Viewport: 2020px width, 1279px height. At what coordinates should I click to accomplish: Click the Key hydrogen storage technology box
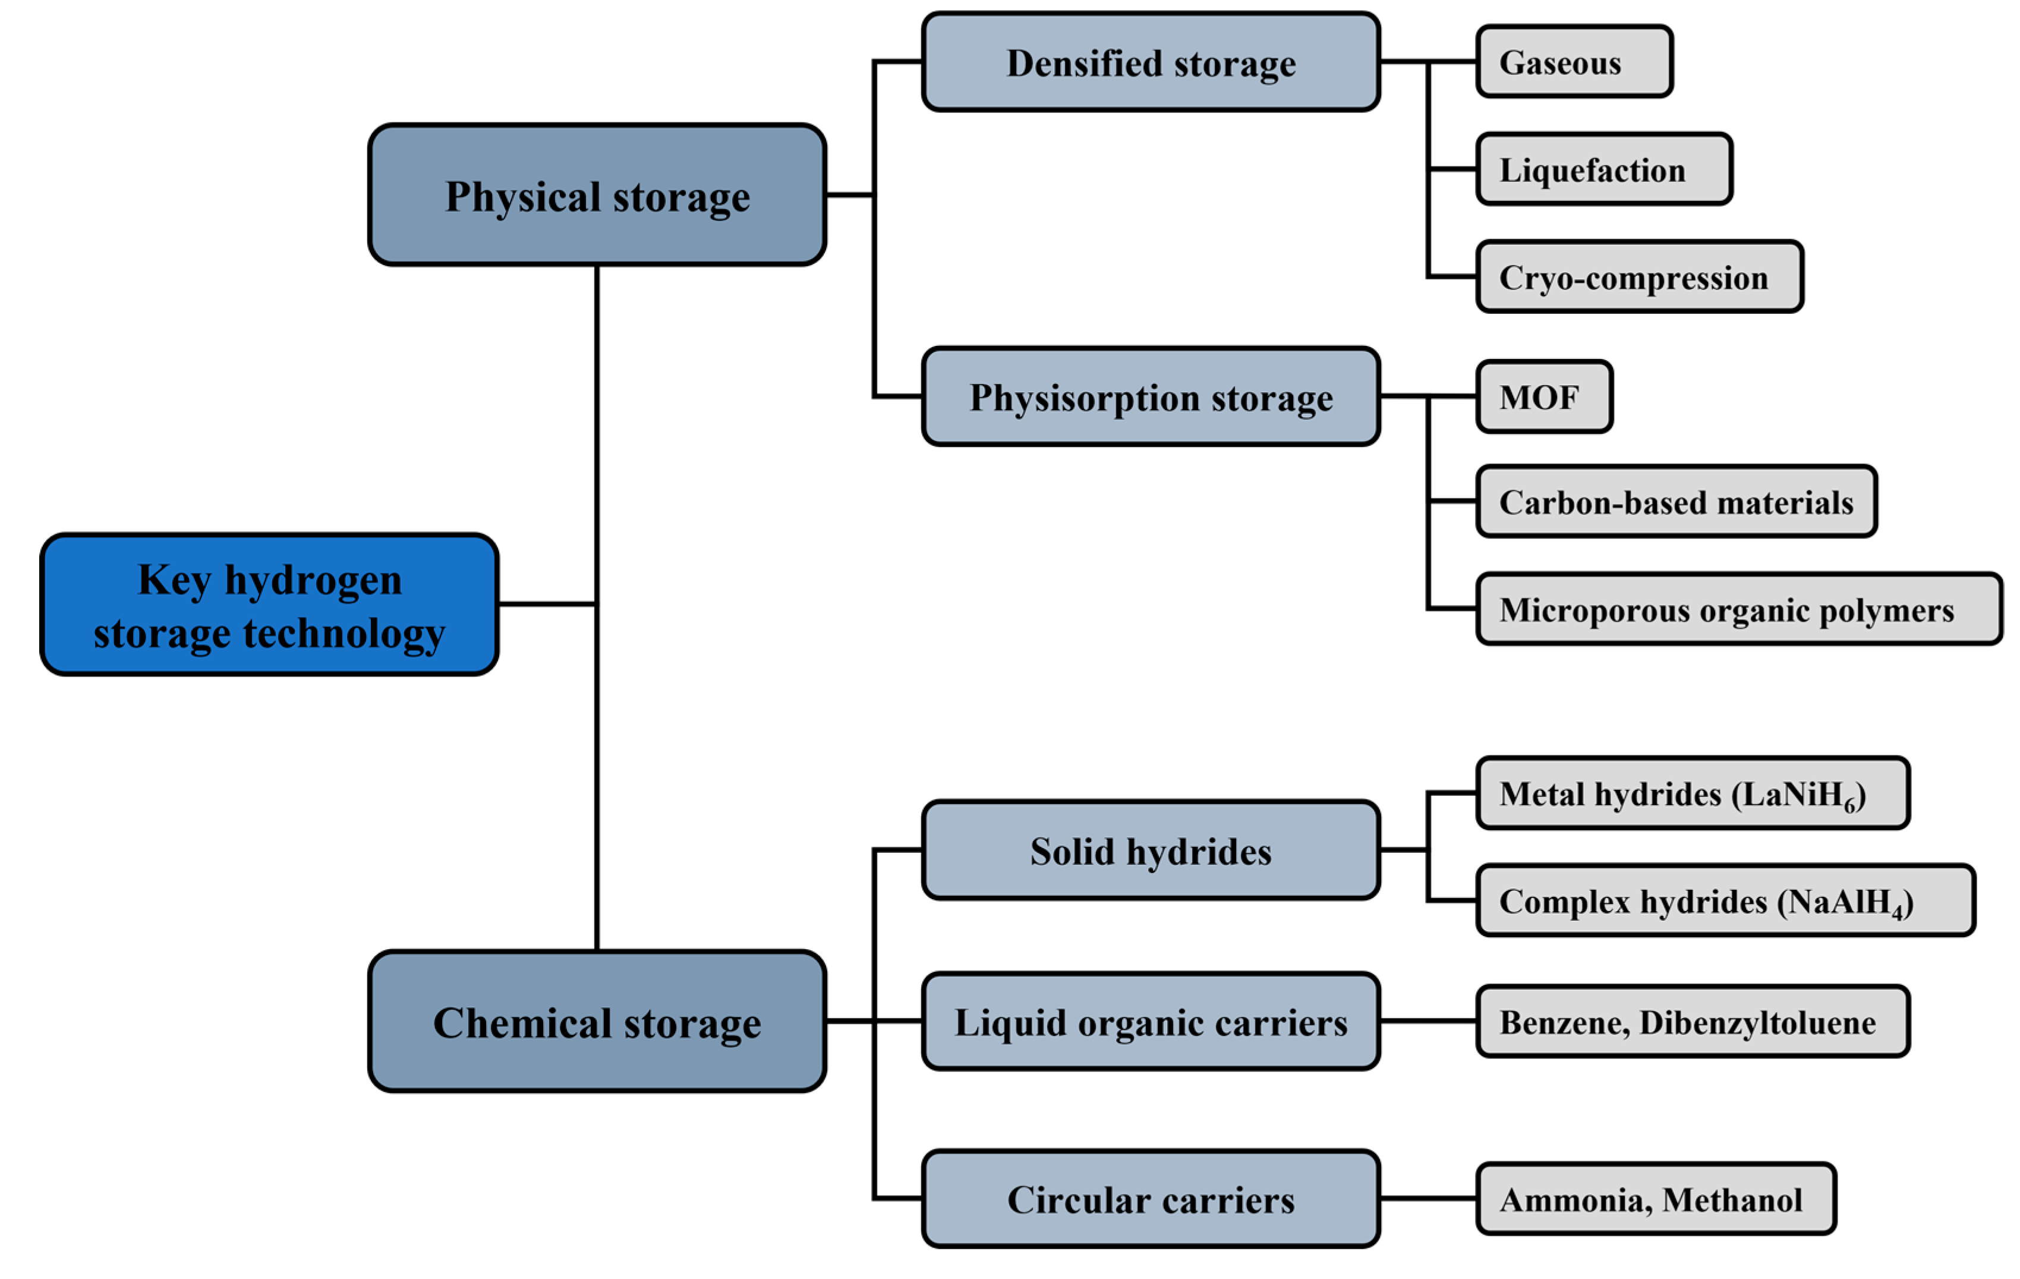tap(269, 604)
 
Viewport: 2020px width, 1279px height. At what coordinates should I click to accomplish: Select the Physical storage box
tap(597, 196)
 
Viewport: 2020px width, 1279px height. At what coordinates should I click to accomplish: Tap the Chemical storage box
tap(597, 1022)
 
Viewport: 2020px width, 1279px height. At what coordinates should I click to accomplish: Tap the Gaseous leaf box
tap(1574, 62)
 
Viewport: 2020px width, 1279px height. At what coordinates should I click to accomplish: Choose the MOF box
tap(1543, 396)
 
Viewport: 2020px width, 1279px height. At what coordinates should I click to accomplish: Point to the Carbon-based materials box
tap(1676, 502)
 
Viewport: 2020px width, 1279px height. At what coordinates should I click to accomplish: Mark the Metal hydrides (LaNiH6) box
tap(1692, 793)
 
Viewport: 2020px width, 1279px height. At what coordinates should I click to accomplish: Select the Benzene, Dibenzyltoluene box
tap(1692, 1022)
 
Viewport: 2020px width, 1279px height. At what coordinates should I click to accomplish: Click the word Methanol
tap(1732, 1200)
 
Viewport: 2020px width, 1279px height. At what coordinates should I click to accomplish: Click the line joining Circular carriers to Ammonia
tap(1427, 1199)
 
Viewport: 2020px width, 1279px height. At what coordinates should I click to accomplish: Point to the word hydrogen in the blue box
tap(313, 579)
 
